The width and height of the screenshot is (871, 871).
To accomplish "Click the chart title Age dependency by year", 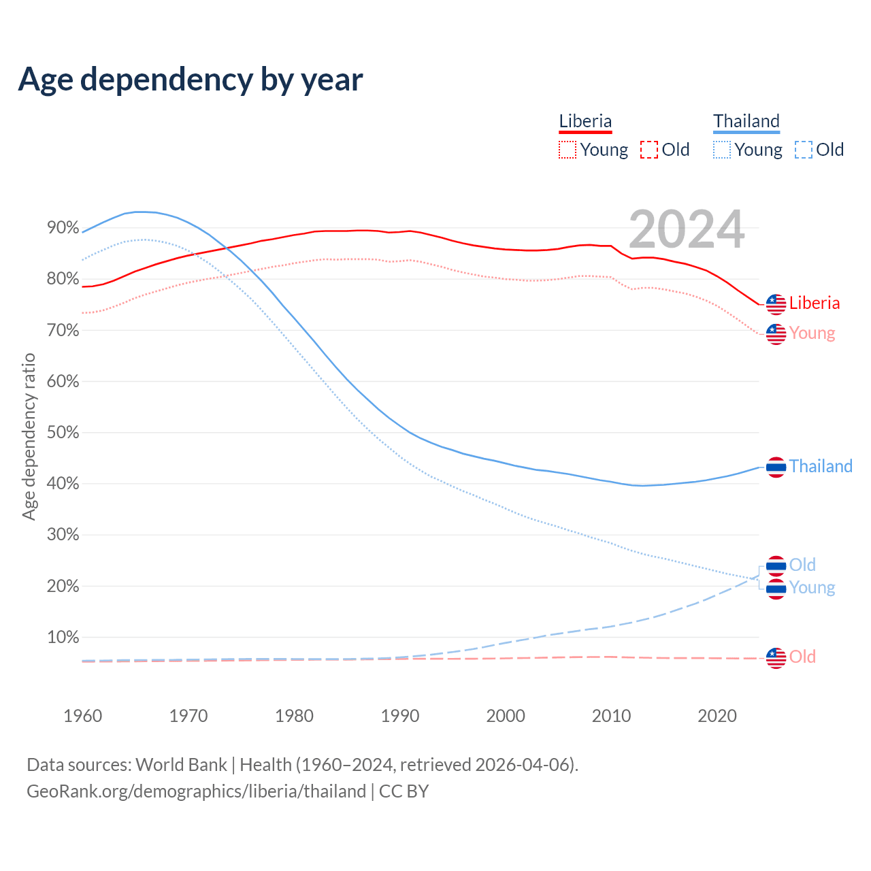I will pyautogui.click(x=191, y=80).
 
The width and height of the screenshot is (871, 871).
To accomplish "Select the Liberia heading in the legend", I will pyautogui.click(x=585, y=122).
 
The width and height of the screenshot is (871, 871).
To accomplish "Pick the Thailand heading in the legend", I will pyautogui.click(x=746, y=122).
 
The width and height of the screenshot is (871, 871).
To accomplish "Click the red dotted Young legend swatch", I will pyautogui.click(x=568, y=150).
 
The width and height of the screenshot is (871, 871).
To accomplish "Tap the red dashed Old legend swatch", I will pyautogui.click(x=649, y=150).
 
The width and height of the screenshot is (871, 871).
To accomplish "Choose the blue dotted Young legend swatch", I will pyautogui.click(x=722, y=150).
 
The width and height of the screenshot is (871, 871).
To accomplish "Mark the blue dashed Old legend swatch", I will pyautogui.click(x=804, y=150).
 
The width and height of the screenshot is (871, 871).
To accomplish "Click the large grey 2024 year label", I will pyautogui.click(x=686, y=229).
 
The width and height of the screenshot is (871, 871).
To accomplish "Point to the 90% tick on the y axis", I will pyautogui.click(x=63, y=228).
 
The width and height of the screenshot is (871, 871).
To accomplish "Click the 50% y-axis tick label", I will pyautogui.click(x=63, y=433).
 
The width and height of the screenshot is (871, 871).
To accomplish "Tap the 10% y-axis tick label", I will pyautogui.click(x=63, y=638).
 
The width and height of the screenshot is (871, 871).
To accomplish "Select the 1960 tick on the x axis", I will pyautogui.click(x=82, y=716).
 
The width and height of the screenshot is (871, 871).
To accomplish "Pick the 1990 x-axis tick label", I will pyautogui.click(x=400, y=716).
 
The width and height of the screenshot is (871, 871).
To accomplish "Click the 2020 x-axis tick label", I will pyautogui.click(x=717, y=716).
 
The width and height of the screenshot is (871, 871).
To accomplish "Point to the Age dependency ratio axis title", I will pyautogui.click(x=29, y=436).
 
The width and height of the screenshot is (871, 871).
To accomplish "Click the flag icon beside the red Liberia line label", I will pyautogui.click(x=776, y=304).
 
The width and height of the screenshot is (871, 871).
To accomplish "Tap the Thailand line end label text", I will pyautogui.click(x=821, y=466).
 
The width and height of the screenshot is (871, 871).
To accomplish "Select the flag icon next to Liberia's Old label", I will pyautogui.click(x=776, y=657).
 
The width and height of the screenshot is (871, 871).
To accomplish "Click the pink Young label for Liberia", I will pyautogui.click(x=812, y=333).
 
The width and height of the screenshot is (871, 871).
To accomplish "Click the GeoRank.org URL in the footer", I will pyautogui.click(x=196, y=791).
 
